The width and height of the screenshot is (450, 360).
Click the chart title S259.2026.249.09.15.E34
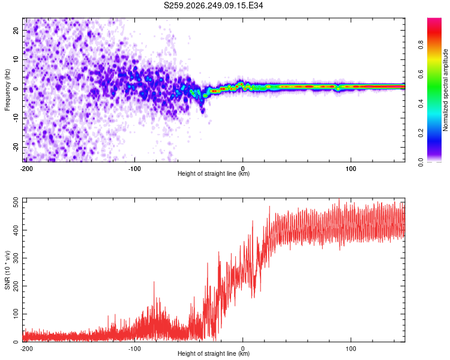coord(213,5)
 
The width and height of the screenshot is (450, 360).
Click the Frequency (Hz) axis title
coord(7,90)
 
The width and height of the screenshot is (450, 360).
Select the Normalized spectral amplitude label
coord(445,90)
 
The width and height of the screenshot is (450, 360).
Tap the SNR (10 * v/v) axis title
coord(7,270)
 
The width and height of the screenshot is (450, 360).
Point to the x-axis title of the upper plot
coord(214,173)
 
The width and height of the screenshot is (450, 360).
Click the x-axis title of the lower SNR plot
coord(214,353)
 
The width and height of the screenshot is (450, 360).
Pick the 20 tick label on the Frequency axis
coord(16,31)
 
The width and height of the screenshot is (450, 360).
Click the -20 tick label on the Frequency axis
coord(16,147)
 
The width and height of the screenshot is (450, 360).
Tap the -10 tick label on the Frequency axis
coord(16,118)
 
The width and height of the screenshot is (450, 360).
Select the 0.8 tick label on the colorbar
coord(421,45)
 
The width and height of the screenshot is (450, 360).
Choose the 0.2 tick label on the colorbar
coord(421,133)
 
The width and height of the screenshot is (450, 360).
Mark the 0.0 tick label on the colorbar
coord(421,162)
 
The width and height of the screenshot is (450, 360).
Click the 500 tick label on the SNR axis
coord(16,202)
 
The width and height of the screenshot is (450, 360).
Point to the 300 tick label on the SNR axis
coord(16,258)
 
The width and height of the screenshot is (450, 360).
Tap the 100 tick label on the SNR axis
coord(16,314)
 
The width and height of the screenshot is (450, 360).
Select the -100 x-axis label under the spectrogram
coord(134,169)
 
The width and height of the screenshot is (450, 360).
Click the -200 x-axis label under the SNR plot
coord(26,349)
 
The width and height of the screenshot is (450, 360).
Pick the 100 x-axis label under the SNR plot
coord(351,349)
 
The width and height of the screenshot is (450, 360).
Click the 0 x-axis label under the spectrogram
coord(243,169)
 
